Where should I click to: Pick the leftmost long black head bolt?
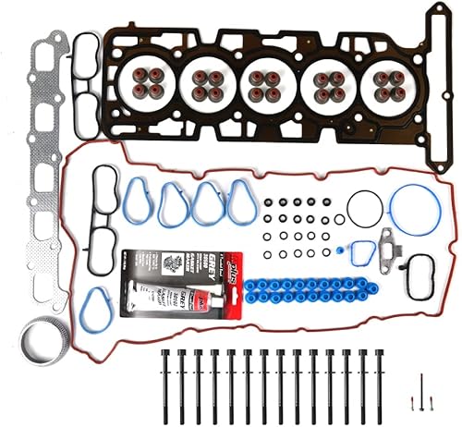[165, 380]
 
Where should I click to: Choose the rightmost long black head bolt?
[380, 380]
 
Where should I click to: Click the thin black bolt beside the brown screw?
[420, 392]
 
